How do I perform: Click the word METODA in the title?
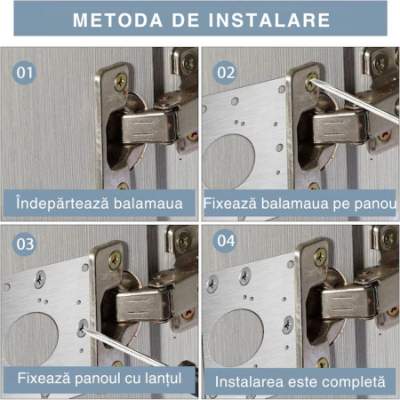117,20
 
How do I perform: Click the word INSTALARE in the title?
269,20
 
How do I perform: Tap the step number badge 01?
24,73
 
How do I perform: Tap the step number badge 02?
225,73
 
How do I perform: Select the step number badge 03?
24,244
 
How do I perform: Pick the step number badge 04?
225,241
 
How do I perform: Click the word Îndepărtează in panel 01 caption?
63,204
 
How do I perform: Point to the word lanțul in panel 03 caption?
162,379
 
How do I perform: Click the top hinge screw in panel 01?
121,82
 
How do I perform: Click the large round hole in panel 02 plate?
228,162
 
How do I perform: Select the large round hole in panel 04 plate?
236,339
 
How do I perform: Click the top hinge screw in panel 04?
320,257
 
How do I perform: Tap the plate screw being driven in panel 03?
82,328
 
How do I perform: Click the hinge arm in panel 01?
149,127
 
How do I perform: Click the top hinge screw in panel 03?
115,260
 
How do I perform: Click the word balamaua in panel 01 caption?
148,204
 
